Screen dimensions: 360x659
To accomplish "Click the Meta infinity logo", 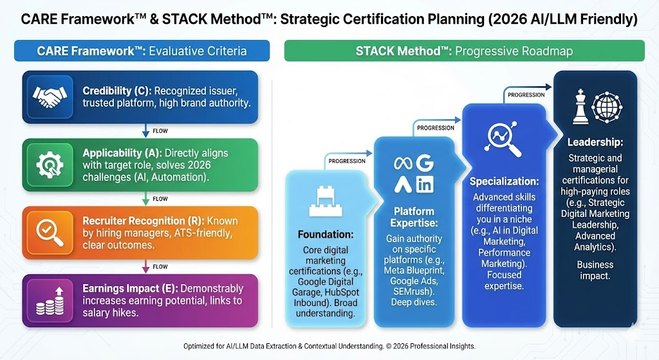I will click(x=402, y=164).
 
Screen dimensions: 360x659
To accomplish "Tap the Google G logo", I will click(x=425, y=164).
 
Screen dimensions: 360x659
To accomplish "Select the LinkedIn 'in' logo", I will click(x=425, y=186).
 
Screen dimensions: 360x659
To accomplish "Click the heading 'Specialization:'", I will click(x=504, y=181).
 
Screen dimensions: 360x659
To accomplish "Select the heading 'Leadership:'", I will click(x=595, y=142).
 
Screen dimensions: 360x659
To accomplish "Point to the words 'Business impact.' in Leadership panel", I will click(x=595, y=270).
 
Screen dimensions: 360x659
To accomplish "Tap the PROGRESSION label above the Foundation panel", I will click(x=347, y=160).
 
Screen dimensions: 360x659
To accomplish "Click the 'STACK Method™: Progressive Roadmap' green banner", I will click(x=464, y=51).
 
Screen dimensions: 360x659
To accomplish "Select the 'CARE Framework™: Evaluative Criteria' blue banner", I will click(x=141, y=51).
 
